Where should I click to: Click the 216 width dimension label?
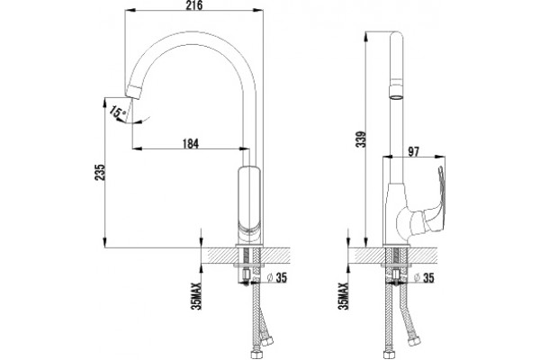pos(195,4)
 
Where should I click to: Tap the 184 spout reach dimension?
pos(191,144)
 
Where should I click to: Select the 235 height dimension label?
pos(99,172)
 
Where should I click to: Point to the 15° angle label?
pos(118,112)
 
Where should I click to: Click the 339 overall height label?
pos(361,139)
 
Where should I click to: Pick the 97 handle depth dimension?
pos(413,151)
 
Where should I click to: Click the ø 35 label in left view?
pos(277,278)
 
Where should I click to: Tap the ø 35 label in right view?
pos(424,278)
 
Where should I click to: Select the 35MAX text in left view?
pos(196,296)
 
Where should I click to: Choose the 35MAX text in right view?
pos(344,296)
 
